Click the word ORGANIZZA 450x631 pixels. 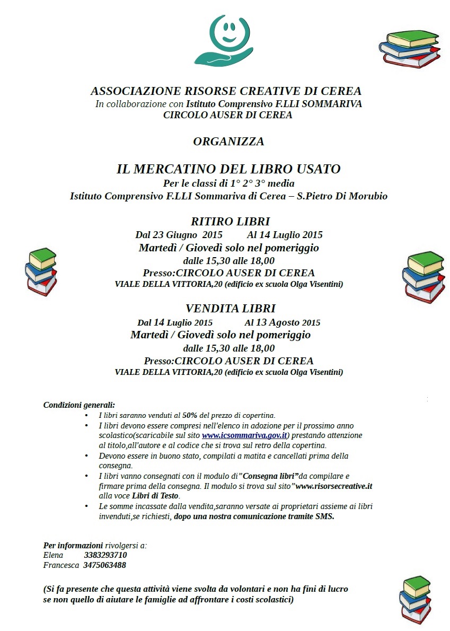tap(228, 142)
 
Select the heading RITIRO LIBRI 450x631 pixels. tap(231, 222)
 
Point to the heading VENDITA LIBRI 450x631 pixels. tap(231, 309)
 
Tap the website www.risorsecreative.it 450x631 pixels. tap(334, 486)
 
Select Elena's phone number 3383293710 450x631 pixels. tap(105, 555)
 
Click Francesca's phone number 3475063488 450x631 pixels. tap(104, 565)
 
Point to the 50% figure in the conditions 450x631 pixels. tap(190, 415)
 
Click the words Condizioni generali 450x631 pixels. tap(79, 405)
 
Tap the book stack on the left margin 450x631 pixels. tap(41, 271)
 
